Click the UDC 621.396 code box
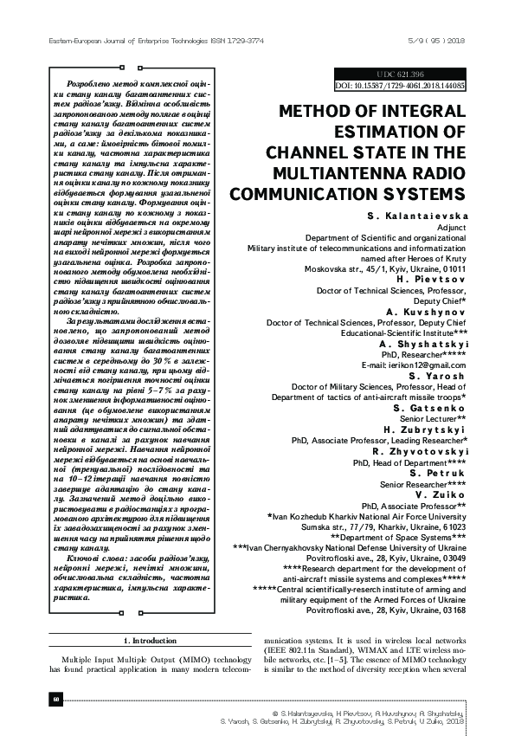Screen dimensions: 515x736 [399, 75]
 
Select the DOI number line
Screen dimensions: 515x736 [399, 87]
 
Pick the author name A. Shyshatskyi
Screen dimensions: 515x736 [423, 344]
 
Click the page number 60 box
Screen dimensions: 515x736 [55, 699]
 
